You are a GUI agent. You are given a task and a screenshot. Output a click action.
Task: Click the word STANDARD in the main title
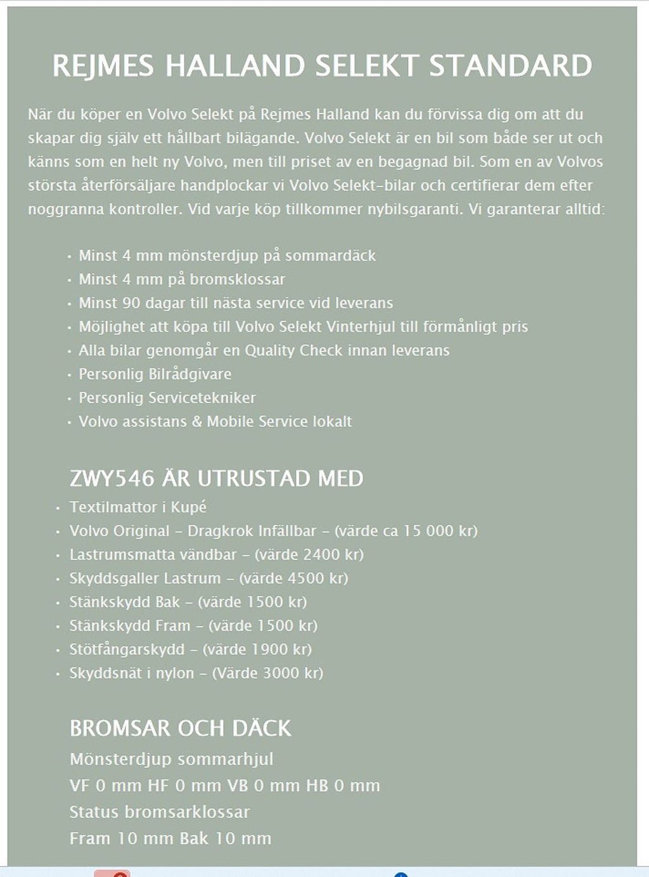tap(510, 66)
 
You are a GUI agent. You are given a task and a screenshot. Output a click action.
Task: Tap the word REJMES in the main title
tap(103, 66)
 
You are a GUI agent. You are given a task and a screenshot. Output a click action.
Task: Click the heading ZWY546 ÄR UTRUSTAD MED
tap(216, 478)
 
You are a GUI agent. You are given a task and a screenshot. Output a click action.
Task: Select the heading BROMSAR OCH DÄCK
tap(181, 728)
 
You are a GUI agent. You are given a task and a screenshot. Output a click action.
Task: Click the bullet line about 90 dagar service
tap(236, 303)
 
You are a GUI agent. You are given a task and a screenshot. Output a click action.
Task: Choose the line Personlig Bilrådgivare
tap(155, 374)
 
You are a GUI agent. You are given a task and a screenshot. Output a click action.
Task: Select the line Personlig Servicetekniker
tap(167, 398)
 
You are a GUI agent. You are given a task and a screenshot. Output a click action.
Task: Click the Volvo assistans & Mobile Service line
tap(215, 422)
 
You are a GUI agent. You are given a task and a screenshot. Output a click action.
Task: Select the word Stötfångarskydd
tap(127, 649)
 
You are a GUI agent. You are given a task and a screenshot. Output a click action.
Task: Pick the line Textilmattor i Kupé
tap(138, 507)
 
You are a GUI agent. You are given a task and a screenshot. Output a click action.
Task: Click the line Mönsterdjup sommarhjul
tap(171, 759)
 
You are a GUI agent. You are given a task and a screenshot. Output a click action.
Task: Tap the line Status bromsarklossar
tap(160, 812)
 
